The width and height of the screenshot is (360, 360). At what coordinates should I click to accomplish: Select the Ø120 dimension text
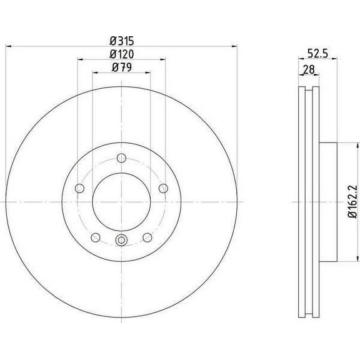pyautogui.click(x=121, y=54)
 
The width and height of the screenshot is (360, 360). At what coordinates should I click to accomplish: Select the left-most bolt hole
pyautogui.click(x=78, y=188)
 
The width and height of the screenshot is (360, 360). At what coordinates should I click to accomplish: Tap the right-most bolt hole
pyautogui.click(x=164, y=188)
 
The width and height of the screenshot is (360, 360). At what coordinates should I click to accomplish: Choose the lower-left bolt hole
pyautogui.click(x=95, y=237)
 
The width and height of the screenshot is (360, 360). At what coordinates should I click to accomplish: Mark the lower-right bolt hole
pyautogui.click(x=147, y=237)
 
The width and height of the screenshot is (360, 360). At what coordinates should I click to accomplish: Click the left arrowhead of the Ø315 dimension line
pyautogui.click(x=8, y=46)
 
